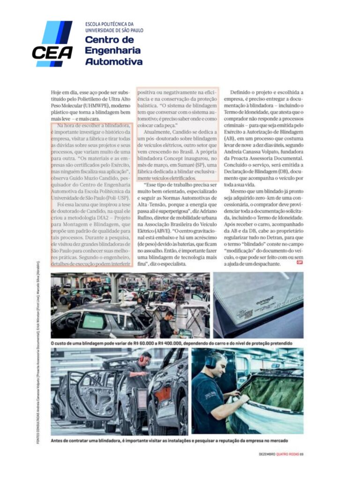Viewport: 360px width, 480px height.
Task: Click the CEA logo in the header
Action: tap(52, 44)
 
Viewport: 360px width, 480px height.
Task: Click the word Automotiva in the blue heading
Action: tap(114, 62)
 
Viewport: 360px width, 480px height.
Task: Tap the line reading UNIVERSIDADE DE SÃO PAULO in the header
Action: tap(114, 30)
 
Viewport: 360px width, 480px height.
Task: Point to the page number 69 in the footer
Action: tap(302, 453)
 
